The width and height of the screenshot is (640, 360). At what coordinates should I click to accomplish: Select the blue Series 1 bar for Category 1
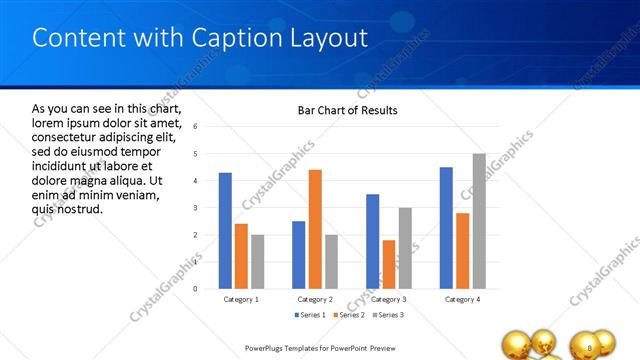click(225, 230)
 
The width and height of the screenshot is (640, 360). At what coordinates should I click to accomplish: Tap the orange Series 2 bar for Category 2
click(315, 229)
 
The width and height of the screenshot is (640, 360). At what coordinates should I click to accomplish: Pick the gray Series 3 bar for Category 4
click(479, 221)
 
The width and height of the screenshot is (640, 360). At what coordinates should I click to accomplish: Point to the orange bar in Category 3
click(389, 264)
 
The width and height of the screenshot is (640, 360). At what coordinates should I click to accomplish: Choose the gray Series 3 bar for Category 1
click(257, 261)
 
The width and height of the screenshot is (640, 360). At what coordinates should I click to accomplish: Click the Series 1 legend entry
click(311, 316)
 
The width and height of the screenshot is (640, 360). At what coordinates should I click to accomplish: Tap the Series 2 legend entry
click(348, 316)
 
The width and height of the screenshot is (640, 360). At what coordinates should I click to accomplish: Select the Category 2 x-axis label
click(315, 299)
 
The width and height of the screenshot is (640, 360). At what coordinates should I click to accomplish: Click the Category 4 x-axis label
click(462, 299)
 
